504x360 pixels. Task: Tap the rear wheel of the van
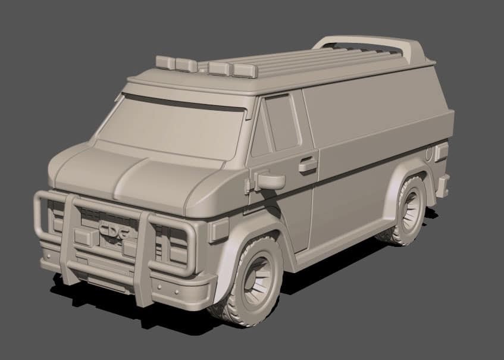[410, 211]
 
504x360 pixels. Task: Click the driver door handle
[308, 164]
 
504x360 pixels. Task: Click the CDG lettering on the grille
[115, 229]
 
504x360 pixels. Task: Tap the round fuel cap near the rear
[430, 153]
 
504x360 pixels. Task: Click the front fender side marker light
[218, 229]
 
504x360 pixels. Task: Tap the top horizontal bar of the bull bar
[113, 205]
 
